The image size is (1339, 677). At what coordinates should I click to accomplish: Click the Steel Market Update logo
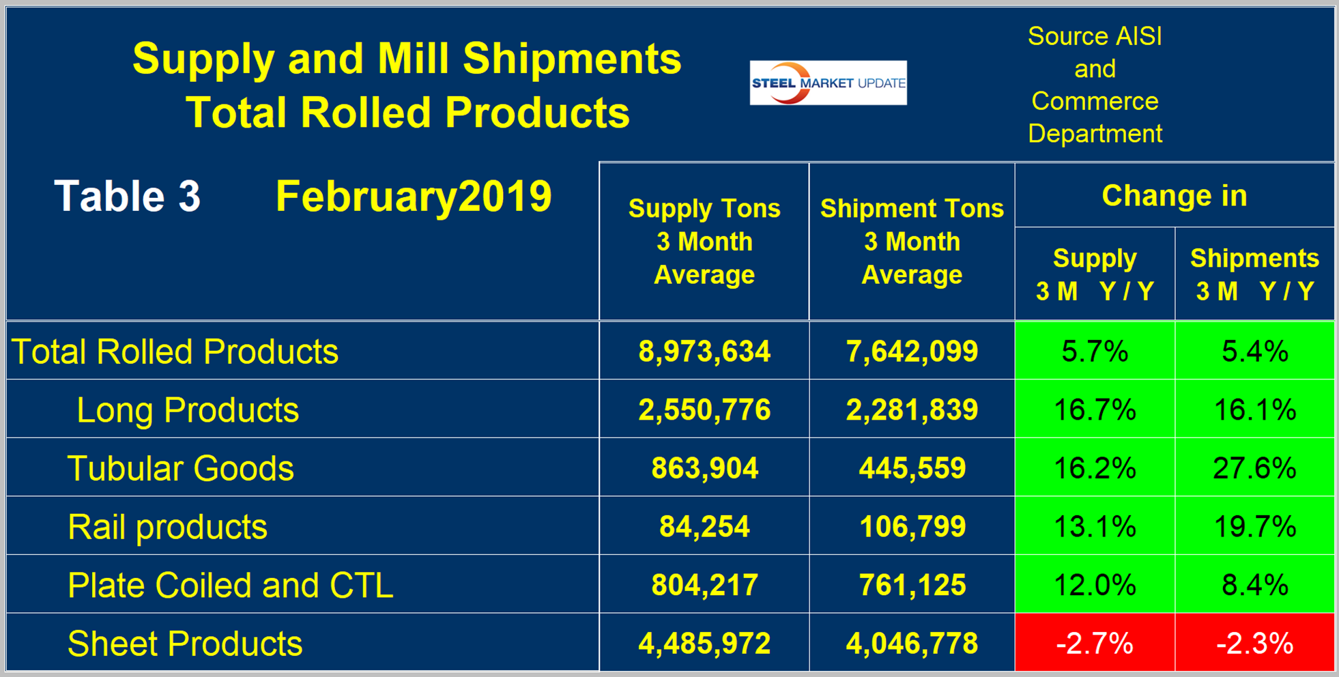tap(828, 83)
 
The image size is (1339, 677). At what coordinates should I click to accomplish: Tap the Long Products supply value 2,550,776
tap(704, 409)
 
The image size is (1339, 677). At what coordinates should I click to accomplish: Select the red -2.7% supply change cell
tap(1095, 643)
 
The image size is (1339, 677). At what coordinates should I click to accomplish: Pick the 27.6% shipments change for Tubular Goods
tap(1254, 468)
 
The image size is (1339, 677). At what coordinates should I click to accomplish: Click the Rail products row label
tap(167, 527)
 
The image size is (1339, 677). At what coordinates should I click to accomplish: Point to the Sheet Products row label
tap(184, 644)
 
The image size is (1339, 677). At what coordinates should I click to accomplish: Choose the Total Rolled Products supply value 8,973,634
tap(704, 351)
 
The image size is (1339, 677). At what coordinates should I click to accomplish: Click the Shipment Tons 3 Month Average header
tap(912, 242)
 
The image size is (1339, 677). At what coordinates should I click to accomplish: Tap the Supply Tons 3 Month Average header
tap(704, 242)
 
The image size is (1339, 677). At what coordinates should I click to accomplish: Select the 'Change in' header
tap(1174, 196)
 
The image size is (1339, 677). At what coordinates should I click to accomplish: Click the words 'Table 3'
tap(128, 197)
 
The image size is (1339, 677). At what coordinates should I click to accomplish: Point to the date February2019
tap(414, 197)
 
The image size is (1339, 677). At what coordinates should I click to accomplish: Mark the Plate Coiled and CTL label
tap(230, 586)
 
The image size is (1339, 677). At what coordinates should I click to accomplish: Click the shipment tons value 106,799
tap(912, 527)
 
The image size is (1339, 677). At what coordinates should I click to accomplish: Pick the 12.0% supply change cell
tap(1095, 585)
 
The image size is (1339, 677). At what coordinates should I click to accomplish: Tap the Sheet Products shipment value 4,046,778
tap(912, 643)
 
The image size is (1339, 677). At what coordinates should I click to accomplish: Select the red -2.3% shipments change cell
tap(1254, 643)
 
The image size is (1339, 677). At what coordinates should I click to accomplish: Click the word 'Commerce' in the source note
tap(1095, 101)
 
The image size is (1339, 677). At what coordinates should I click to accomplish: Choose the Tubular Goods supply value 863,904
tap(704, 468)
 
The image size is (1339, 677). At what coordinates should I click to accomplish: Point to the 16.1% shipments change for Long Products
tap(1254, 409)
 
